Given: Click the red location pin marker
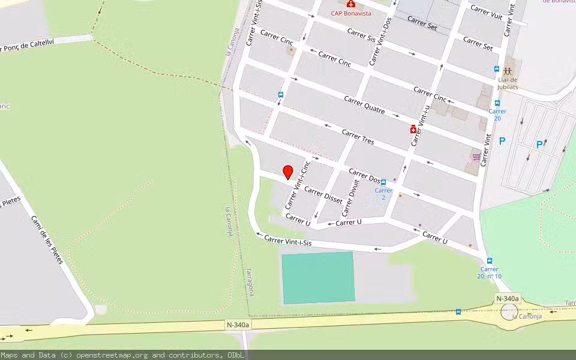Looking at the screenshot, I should coord(287,172).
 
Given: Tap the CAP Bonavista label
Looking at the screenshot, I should coord(351,13).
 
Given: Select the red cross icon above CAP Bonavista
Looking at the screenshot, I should coord(350,4).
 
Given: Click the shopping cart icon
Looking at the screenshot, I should coord(476,157).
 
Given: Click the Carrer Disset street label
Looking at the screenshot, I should coord(323,195).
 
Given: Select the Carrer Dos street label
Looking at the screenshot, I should coord(365,176).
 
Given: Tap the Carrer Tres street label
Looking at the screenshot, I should coord(358,137).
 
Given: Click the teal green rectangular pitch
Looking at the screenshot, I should coord(318,277).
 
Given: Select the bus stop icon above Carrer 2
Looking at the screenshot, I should coord(383,182).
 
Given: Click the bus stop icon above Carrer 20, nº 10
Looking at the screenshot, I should coord(490,261).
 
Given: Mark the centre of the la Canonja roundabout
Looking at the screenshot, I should coord(509,311).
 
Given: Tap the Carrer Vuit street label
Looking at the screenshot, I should coord(486,13).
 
